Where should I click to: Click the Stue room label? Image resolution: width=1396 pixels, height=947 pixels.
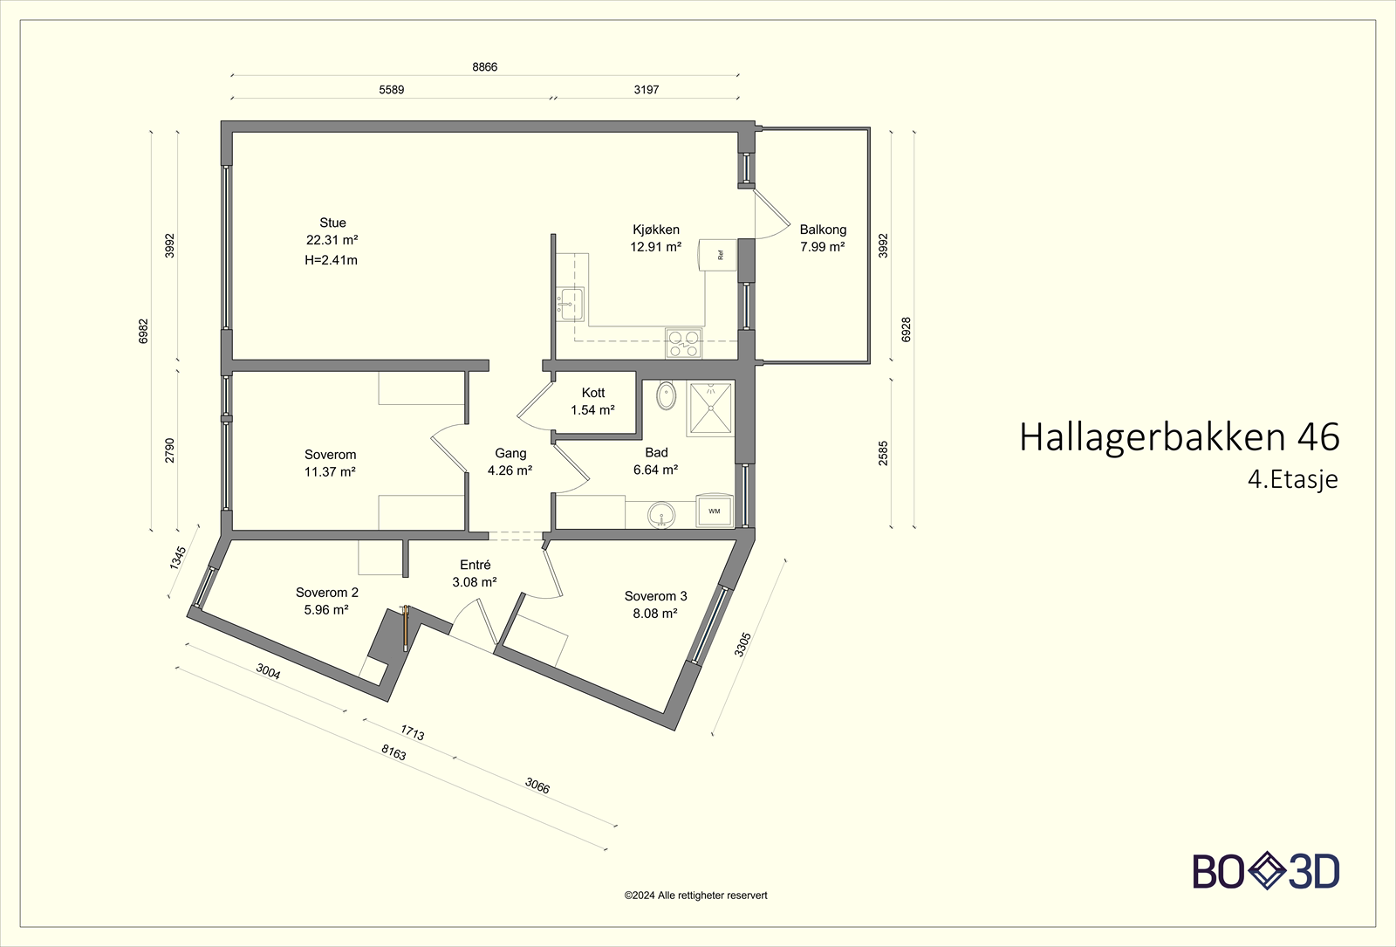332,223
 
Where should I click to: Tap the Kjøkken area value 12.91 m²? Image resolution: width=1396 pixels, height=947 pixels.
655,247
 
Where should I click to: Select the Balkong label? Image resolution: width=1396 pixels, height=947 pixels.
823,230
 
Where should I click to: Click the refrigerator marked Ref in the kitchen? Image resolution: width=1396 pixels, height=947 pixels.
717,255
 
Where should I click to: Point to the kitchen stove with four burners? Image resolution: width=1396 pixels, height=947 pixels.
682,343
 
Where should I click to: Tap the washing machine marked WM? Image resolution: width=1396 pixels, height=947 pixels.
715,511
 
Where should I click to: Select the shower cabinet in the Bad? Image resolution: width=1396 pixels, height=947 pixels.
710,408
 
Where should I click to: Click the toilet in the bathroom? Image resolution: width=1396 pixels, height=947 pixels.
666,395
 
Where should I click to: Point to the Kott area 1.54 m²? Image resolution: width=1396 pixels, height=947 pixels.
592,410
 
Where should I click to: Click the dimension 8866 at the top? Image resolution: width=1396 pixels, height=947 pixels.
484,67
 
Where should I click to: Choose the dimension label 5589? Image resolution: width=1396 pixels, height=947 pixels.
391,90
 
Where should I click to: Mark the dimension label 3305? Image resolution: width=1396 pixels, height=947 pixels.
742,645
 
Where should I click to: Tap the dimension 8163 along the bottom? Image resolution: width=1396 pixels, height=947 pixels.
393,752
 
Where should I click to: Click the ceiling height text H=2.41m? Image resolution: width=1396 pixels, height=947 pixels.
331,260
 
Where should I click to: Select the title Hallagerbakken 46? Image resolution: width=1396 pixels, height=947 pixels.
1179,437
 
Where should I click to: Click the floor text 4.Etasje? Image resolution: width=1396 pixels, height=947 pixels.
1292,480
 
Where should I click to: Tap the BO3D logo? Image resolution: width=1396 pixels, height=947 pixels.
1266,871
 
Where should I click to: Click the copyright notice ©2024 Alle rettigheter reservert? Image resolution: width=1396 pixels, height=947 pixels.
695,896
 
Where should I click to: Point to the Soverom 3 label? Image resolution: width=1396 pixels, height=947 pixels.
655,596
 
